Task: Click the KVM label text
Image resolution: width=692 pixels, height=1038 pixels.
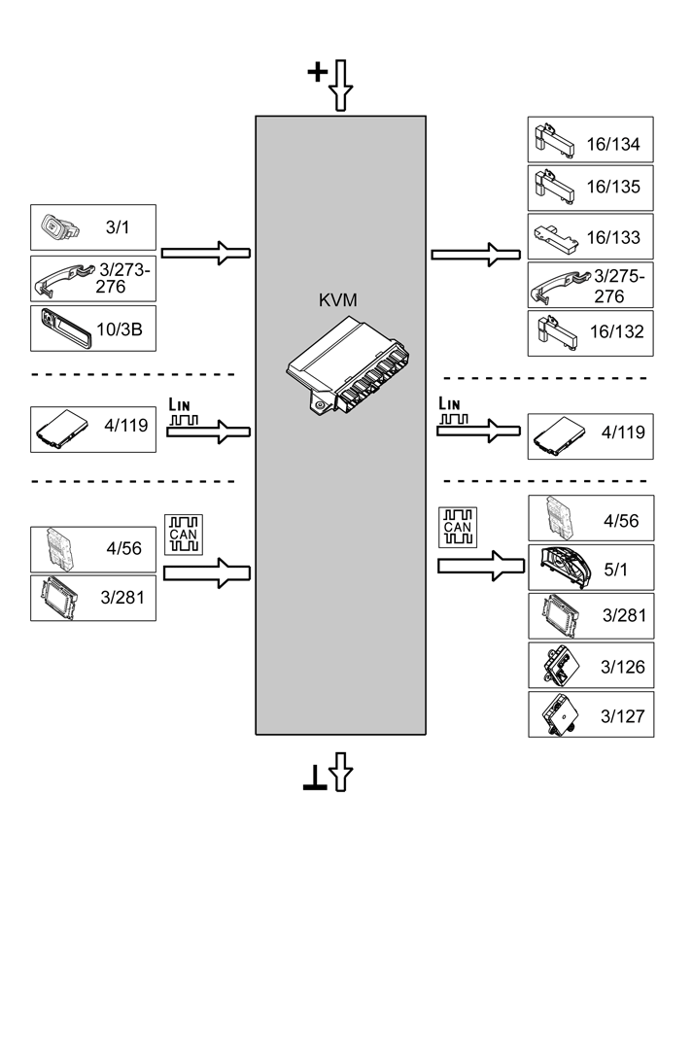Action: [338, 300]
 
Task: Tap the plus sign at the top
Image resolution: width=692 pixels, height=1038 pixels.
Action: [317, 72]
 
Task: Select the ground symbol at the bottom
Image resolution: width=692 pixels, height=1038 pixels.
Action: [314, 777]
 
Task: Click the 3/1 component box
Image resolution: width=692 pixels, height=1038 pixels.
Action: [92, 227]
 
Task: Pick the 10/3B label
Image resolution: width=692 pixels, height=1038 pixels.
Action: [121, 330]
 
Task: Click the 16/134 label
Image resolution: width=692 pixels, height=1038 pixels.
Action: [613, 145]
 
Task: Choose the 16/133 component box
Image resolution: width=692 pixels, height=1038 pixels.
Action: [590, 236]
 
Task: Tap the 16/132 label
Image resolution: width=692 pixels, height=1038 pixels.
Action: [616, 331]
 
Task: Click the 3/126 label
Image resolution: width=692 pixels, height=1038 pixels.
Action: [622, 667]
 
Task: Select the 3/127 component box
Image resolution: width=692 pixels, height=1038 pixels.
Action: [590, 714]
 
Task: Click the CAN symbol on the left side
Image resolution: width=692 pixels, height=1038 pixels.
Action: [183, 534]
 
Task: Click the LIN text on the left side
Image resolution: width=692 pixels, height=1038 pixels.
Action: [182, 403]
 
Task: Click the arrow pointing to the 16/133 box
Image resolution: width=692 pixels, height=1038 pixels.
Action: [473, 254]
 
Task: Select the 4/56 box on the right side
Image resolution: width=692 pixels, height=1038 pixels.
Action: [590, 519]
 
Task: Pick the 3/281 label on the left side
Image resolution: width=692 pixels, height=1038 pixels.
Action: [121, 597]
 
